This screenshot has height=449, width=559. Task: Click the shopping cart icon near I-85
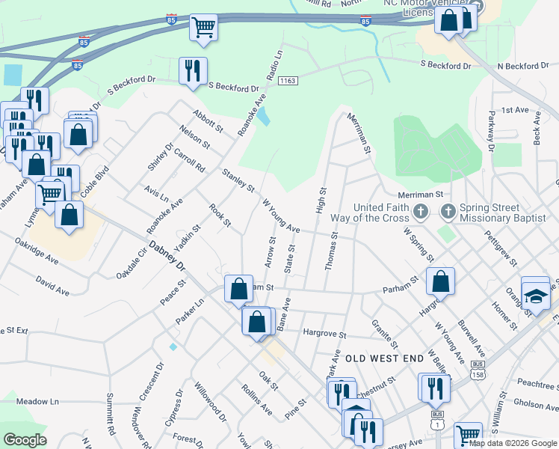click(x=203, y=28)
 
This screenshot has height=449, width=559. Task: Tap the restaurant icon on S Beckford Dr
click(x=193, y=70)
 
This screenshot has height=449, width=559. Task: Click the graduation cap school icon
click(x=535, y=296)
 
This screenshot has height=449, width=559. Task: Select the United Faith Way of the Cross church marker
click(x=421, y=212)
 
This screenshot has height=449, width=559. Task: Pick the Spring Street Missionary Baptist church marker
click(x=448, y=212)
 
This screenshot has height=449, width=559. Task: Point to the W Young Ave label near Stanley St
click(x=281, y=216)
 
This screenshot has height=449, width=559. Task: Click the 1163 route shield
click(x=289, y=80)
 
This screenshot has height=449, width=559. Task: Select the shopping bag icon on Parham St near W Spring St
click(x=441, y=281)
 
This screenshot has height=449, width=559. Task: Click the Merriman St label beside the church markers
click(x=420, y=195)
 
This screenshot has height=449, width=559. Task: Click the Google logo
click(x=25, y=440)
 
